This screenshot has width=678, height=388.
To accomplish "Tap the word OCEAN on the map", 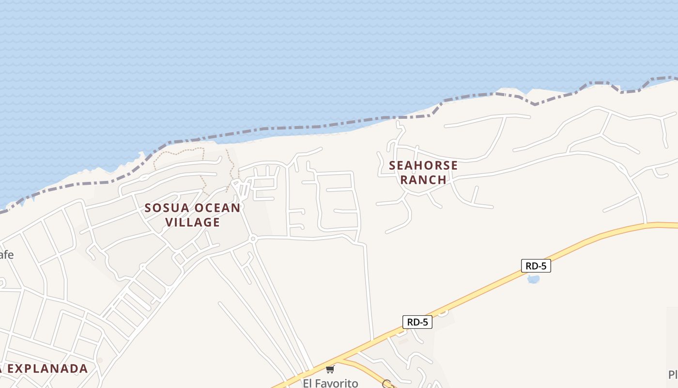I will tap(217, 208).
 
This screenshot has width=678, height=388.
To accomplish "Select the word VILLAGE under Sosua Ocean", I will tap(193, 222).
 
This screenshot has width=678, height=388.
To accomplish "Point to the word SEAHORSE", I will tap(423, 165).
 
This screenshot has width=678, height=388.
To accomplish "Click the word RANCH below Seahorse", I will tap(423, 179).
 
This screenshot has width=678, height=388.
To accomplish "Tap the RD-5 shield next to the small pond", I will tap(536, 266).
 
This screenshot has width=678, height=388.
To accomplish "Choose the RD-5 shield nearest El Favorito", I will tap(417, 322).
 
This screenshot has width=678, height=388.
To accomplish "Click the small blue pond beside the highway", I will tap(533, 279).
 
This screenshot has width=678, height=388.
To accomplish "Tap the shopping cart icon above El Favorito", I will tap(330, 370).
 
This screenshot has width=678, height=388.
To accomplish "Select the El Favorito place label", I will tap(330, 383).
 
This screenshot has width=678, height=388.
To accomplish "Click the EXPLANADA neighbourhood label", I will tap(47, 369).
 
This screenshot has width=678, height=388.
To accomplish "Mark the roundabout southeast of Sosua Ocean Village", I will tap(252, 239).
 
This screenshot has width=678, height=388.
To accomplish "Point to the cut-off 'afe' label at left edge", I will tap(6, 255).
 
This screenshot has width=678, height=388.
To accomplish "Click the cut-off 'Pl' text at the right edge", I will tap(673, 374).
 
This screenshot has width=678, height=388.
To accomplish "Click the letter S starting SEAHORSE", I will tap(393, 165).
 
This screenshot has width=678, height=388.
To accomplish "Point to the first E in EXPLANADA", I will tap(10, 369).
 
